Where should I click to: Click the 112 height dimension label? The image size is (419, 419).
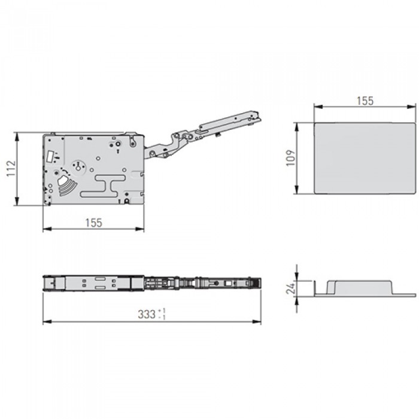point(11,168)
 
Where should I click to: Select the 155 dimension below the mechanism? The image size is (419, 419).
point(94,223)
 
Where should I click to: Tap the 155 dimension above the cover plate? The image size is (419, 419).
point(365,101)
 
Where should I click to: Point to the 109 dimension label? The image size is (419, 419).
point(291,158)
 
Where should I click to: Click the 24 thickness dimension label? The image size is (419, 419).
point(291,288)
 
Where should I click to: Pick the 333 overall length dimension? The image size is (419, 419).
point(147,314)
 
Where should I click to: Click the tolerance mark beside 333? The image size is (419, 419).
point(162,314)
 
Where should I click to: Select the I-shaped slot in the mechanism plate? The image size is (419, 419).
point(103,186)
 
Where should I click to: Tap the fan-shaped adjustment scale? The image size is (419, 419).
point(66,184)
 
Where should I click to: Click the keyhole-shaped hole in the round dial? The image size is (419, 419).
point(78,166)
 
